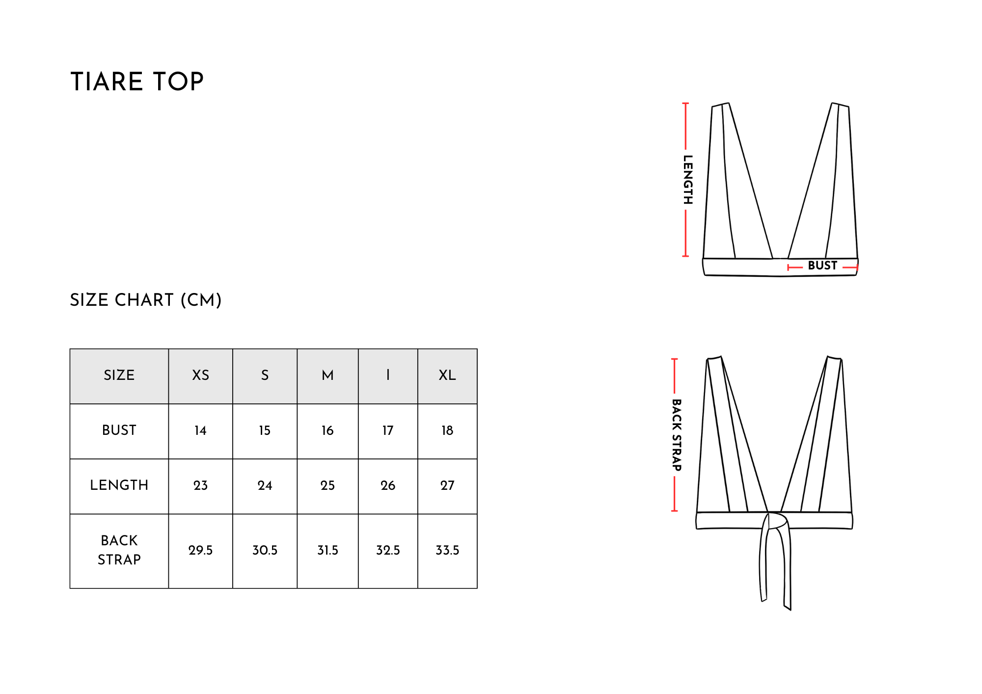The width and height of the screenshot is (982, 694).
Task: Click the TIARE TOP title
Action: click(x=137, y=81)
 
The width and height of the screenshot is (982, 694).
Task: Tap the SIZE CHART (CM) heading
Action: click(x=146, y=300)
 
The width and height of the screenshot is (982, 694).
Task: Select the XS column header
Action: click(x=200, y=375)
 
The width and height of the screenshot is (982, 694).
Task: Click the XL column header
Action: click(x=447, y=375)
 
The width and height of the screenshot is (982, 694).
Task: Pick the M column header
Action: click(x=327, y=375)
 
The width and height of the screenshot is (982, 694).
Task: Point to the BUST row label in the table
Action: click(x=119, y=430)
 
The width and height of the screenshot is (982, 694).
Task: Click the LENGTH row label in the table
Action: click(x=119, y=485)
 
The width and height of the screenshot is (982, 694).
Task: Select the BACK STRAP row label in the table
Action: click(x=119, y=550)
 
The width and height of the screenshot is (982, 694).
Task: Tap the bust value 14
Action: click(x=200, y=431)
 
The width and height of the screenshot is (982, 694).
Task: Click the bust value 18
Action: click(x=447, y=431)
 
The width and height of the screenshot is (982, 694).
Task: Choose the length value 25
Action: click(x=327, y=486)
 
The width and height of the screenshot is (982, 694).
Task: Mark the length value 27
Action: click(x=447, y=486)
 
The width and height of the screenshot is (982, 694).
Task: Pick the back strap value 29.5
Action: click(x=200, y=551)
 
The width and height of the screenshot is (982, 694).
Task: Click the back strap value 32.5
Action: click(x=388, y=551)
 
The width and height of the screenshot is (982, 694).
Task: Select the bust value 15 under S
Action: click(x=265, y=431)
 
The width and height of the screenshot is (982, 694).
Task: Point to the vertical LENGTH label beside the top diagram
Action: click(x=688, y=180)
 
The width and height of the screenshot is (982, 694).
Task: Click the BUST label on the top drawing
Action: click(x=822, y=266)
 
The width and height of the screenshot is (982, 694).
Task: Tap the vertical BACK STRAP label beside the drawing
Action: click(x=677, y=435)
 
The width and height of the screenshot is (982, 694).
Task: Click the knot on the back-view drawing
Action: click(x=777, y=521)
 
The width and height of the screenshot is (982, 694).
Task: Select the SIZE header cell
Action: click(x=119, y=376)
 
